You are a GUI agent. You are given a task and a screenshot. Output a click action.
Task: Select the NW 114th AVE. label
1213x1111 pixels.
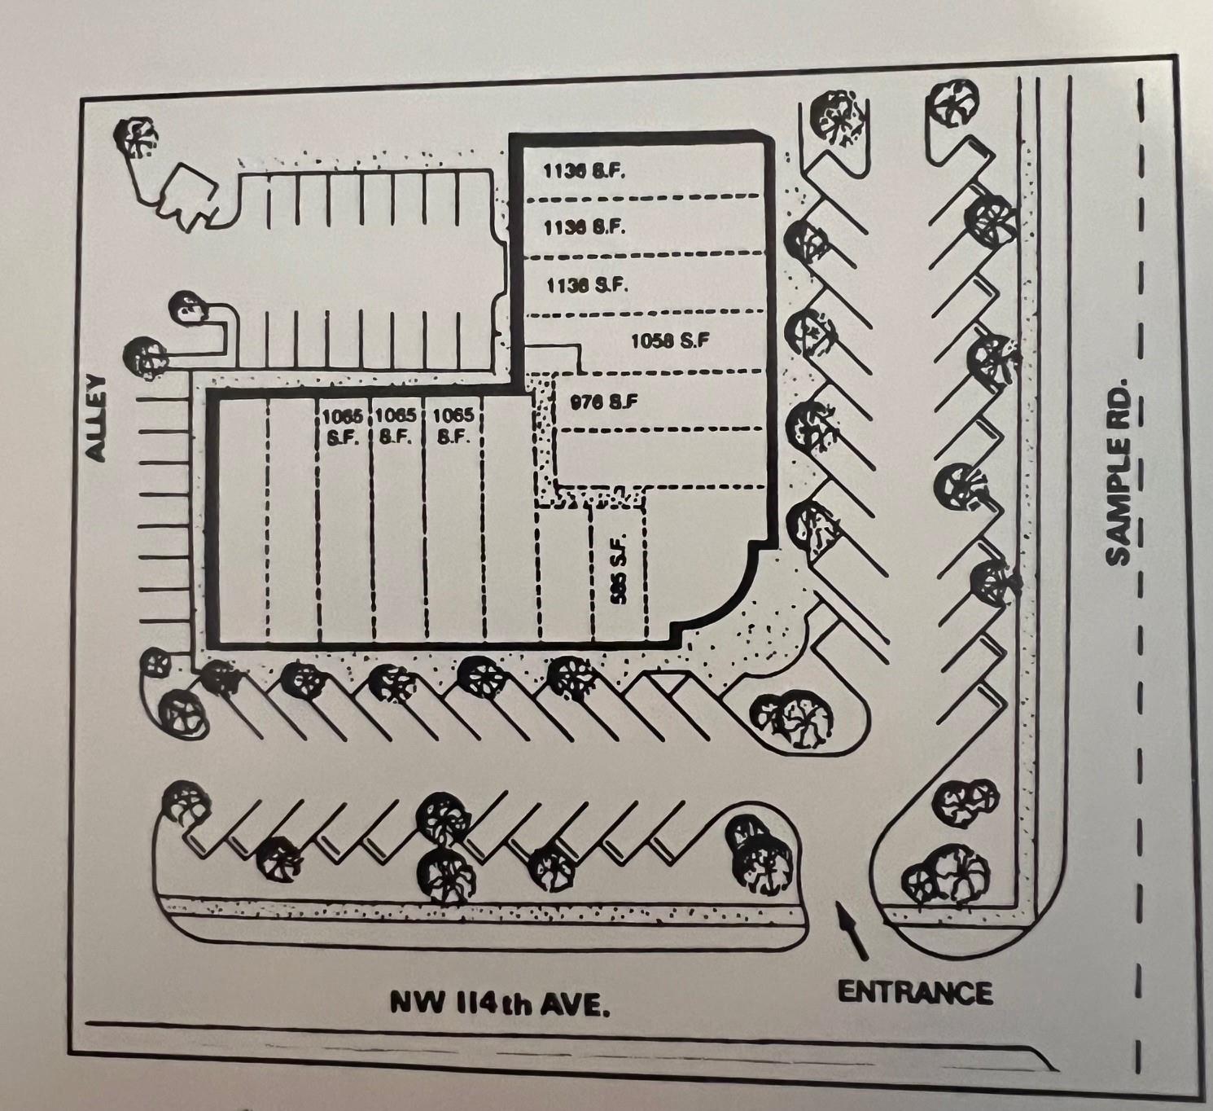click(x=500, y=1002)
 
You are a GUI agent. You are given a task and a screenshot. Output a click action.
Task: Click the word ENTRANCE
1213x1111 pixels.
click(x=915, y=992)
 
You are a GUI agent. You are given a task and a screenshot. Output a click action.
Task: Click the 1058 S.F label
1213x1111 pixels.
click(x=670, y=340)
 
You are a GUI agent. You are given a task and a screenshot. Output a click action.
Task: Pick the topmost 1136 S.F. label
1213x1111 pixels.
click(x=584, y=171)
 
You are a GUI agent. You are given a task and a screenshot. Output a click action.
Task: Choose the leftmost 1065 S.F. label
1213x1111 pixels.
click(x=342, y=425)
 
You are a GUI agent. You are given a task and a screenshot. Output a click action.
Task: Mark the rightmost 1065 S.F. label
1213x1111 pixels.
click(x=453, y=425)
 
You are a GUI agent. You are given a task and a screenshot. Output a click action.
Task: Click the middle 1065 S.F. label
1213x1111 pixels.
click(x=397, y=425)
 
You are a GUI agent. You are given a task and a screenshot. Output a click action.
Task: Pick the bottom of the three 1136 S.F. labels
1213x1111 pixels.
click(x=586, y=285)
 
